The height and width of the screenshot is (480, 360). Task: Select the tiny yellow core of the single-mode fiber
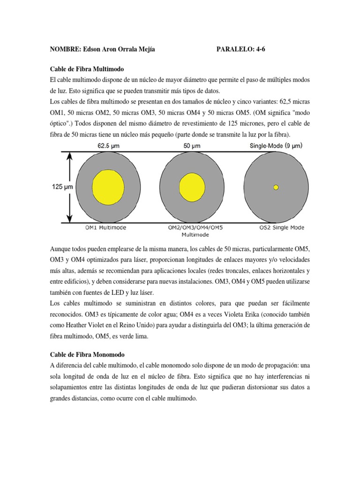tap(276, 187)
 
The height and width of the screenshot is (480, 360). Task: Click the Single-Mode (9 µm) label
tap(277, 146)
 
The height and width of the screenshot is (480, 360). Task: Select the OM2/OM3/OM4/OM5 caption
tap(195, 228)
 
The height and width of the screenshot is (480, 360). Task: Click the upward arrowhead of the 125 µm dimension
tap(70, 157)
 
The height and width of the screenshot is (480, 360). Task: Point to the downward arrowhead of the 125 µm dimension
tap(70, 217)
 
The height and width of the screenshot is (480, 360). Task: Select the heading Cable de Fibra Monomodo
tap(87, 355)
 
